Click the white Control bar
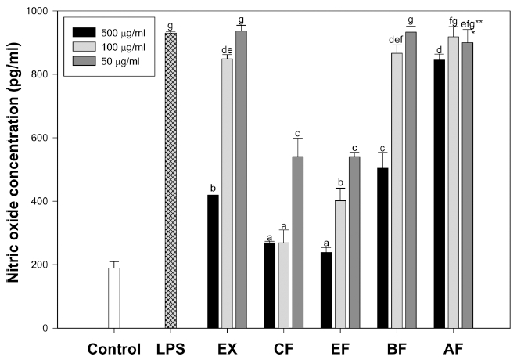coord(114,298)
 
